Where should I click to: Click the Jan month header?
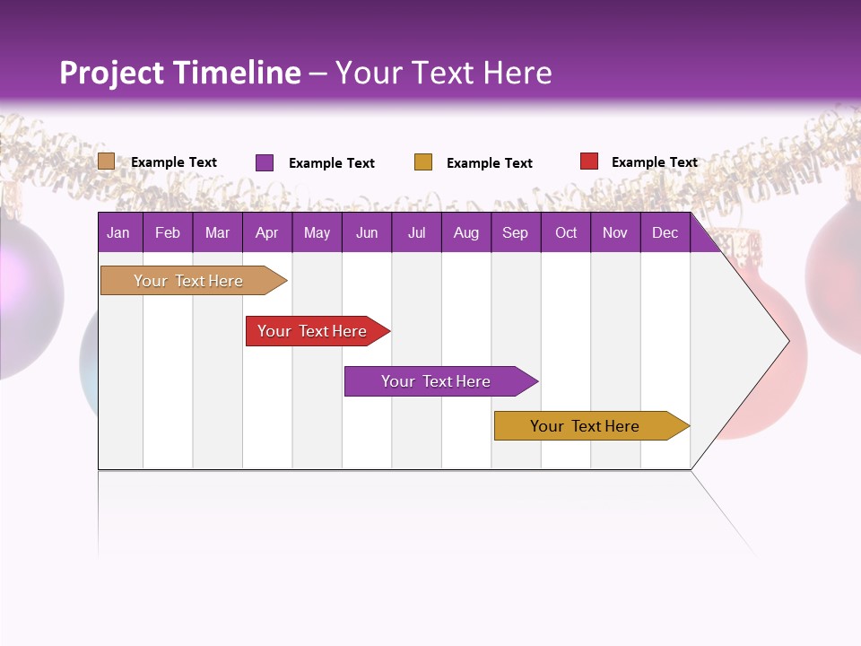[x=118, y=233]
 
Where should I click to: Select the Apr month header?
[x=266, y=233]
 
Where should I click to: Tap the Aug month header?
[x=465, y=233]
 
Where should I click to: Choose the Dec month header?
[x=665, y=233]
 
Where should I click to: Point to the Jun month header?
[x=367, y=233]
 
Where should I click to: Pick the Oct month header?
[x=566, y=233]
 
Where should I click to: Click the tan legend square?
[x=107, y=161]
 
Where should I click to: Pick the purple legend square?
[x=265, y=162]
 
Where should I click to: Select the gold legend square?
[x=423, y=162]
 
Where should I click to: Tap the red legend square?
[x=589, y=161]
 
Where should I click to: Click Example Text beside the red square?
[x=654, y=162]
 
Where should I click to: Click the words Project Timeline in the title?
[x=179, y=73]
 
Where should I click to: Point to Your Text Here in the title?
[x=443, y=73]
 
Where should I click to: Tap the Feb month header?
[x=168, y=233]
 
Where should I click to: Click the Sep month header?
[x=515, y=233]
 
